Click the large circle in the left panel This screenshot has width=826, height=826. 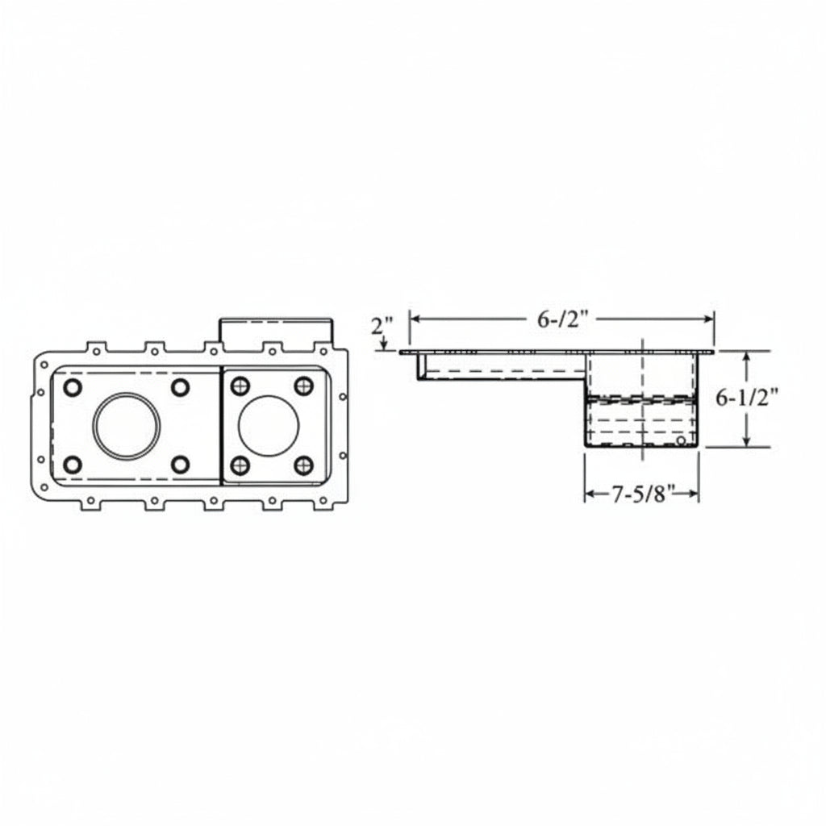[127, 393]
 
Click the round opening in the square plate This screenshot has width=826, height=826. [268, 397]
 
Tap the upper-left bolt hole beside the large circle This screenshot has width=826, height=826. [72, 387]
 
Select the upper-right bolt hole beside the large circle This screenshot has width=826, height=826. [180, 387]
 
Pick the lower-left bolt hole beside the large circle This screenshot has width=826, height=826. [72, 465]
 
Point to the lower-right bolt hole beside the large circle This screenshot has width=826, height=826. [180, 465]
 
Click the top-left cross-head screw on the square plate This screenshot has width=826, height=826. [240, 386]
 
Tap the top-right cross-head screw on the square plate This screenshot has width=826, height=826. [304, 386]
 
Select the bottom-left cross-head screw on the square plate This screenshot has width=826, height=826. [240, 465]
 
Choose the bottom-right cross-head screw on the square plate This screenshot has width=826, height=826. [304, 465]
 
